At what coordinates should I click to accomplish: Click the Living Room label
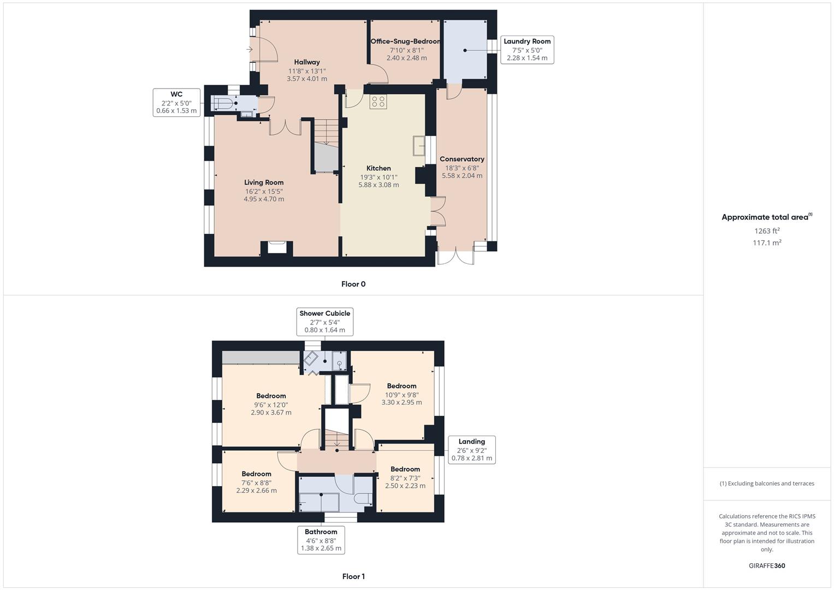(264, 182)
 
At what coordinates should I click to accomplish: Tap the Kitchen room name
(378, 168)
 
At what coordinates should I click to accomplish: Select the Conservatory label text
(462, 159)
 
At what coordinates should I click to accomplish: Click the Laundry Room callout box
(527, 50)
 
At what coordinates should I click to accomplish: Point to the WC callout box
(176, 102)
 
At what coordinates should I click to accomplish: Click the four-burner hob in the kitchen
(378, 102)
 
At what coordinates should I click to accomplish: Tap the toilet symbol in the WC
(223, 103)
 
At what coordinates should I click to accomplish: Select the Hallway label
(307, 62)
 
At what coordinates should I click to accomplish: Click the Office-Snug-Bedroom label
(406, 42)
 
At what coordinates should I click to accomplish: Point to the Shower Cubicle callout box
(325, 322)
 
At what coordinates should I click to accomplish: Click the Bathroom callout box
(321, 540)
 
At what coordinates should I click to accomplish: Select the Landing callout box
(472, 450)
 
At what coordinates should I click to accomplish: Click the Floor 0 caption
(353, 284)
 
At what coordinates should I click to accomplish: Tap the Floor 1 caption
(353, 576)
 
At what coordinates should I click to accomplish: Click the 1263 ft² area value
(767, 231)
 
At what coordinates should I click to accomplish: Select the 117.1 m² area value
(767, 243)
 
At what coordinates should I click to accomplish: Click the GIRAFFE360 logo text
(767, 566)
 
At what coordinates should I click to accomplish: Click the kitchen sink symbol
(419, 146)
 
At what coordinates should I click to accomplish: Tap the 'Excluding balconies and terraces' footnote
(767, 483)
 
